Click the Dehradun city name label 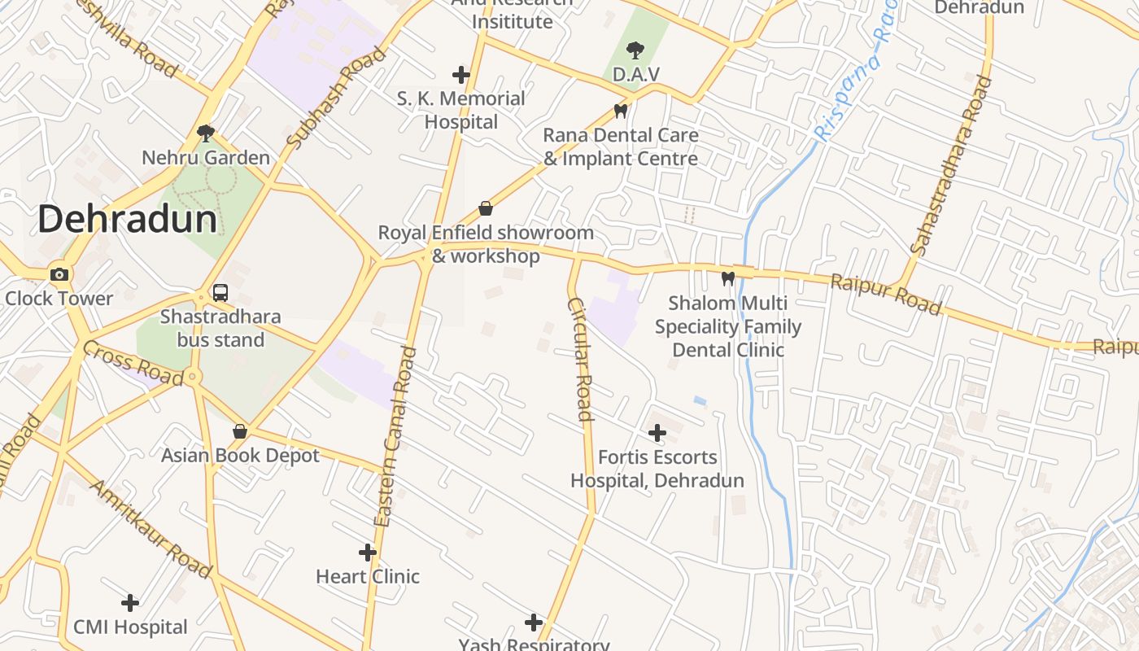[x=127, y=220]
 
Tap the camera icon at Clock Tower [x=59, y=274]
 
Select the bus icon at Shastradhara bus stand [x=220, y=293]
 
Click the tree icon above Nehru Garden [x=206, y=133]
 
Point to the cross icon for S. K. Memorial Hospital [x=461, y=75]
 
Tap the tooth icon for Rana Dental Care [x=621, y=111]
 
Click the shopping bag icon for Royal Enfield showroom [x=486, y=208]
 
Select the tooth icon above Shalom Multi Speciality [x=727, y=278]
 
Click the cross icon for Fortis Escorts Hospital [x=657, y=433]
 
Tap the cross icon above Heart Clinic [x=368, y=553]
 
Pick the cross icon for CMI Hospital [x=130, y=603]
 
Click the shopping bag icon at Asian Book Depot [x=240, y=430]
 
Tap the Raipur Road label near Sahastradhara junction [x=885, y=294]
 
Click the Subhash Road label [x=336, y=98]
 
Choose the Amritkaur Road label [x=151, y=529]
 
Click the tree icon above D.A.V [x=635, y=50]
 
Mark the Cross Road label [x=133, y=363]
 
